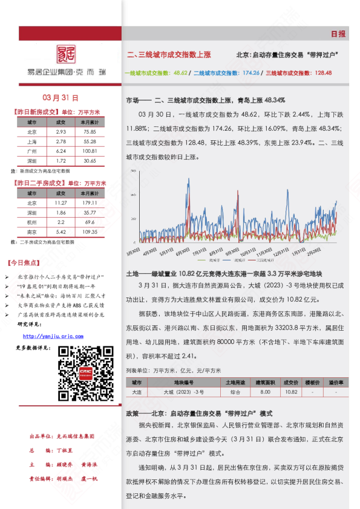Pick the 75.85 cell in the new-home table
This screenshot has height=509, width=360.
coord(90,132)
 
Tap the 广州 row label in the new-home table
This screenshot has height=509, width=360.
coord(32,151)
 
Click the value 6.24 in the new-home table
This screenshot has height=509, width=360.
coord(61,151)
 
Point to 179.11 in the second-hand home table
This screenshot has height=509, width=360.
coord(90,203)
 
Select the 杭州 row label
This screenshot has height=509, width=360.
coord(32,222)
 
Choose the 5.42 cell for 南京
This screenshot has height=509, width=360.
coord(61,232)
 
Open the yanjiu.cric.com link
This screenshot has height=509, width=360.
coord(53,337)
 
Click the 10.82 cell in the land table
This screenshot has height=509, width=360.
coord(291,392)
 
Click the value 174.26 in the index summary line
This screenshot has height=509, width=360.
coord(250,73)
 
